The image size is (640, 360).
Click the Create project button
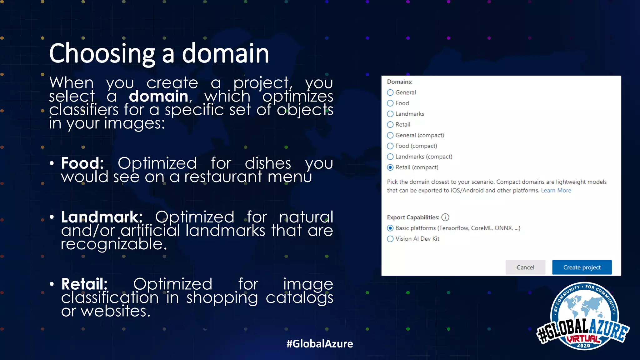[582, 267]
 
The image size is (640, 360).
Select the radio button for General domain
[390, 92]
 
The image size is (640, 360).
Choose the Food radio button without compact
[390, 103]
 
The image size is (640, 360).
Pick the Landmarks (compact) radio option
[390, 157]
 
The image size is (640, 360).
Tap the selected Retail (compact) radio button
[390, 167]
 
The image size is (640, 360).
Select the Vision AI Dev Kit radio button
[390, 239]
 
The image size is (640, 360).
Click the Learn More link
[556, 190]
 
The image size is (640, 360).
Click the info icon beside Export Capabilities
[445, 217]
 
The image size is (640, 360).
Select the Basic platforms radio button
[390, 228]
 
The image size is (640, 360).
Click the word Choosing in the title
[102, 54]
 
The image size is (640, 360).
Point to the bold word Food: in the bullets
[82, 163]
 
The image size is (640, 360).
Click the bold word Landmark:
[102, 217]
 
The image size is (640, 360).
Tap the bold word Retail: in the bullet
[84, 284]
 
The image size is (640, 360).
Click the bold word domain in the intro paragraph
[158, 96]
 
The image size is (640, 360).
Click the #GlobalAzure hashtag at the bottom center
[320, 344]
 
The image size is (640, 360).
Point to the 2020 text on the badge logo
[583, 345]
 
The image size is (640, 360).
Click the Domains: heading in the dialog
[400, 82]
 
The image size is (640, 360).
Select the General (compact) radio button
[390, 135]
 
